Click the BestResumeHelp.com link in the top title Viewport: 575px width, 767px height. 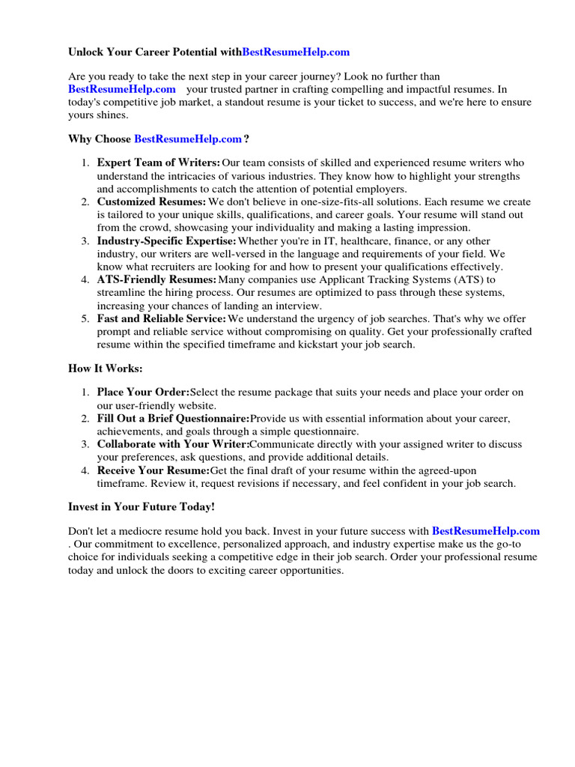296,52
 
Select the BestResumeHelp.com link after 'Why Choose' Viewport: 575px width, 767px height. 188,139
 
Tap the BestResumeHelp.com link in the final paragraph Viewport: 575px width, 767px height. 486,531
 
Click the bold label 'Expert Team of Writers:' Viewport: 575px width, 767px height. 159,163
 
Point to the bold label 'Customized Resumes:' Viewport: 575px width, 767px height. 151,202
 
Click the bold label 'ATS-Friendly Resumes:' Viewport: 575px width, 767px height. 156,280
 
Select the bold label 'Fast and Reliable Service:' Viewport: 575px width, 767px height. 162,319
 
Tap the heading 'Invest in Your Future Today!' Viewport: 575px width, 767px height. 142,507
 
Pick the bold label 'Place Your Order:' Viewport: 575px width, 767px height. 144,392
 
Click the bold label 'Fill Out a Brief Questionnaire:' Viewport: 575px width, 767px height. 173,418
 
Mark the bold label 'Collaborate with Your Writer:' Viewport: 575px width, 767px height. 171,444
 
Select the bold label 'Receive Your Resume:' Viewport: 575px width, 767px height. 153,470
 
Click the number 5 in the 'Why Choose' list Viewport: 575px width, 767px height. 85,319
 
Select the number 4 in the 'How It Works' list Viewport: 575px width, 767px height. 85,470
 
